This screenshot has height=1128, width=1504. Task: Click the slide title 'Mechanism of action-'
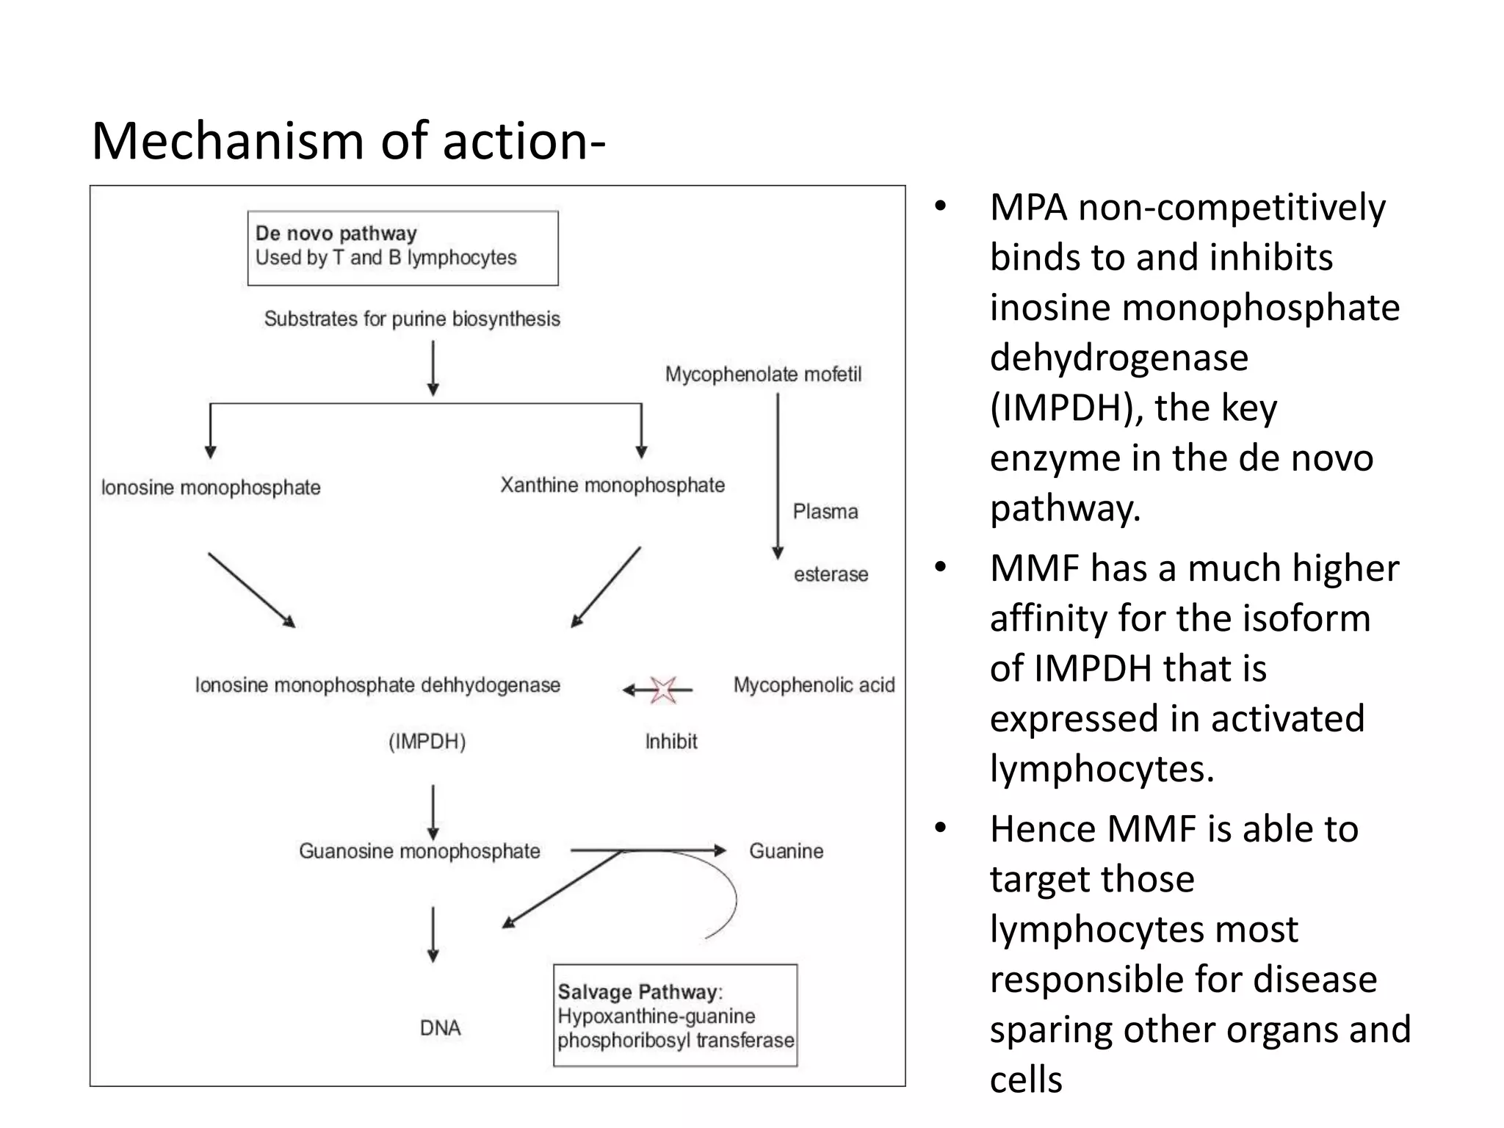[348, 141]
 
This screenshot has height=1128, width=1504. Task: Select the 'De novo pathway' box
[402, 247]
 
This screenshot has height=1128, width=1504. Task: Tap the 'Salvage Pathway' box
[675, 1015]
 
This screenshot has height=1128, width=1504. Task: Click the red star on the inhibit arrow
[662, 690]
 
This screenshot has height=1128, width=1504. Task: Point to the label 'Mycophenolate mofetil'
[763, 375]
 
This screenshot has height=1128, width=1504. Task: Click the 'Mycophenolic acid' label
[814, 685]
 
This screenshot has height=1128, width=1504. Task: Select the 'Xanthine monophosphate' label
[612, 485]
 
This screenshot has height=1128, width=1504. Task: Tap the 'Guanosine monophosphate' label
[419, 851]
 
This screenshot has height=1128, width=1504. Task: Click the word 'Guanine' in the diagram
[786, 851]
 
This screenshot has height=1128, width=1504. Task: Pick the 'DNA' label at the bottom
[440, 1028]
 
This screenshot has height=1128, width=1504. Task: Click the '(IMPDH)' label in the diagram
[427, 742]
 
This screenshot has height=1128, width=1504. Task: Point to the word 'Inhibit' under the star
[670, 742]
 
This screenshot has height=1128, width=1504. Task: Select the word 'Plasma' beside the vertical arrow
[825, 512]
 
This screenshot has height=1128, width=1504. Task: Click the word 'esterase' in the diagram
[831, 574]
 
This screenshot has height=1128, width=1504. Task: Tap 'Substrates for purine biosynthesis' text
[412, 319]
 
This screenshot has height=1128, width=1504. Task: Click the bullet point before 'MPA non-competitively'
[941, 207]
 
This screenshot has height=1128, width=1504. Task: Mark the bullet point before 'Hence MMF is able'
[941, 828]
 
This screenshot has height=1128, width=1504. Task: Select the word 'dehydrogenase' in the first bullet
[1118, 358]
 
